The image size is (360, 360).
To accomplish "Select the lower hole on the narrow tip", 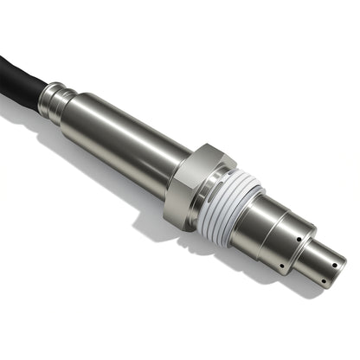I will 321,278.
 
